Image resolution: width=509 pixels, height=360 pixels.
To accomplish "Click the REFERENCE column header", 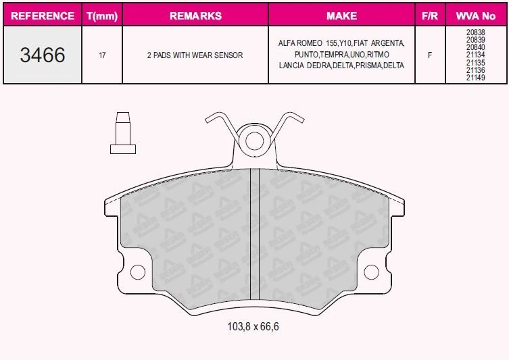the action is tap(43, 16).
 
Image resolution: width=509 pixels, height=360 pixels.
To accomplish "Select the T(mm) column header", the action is tap(102, 16).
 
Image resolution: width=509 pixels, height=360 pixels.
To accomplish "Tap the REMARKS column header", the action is tap(195, 16).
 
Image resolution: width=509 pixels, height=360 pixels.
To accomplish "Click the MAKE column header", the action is tap(341, 16).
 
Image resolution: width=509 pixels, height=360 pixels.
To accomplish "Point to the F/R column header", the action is tap(430, 16).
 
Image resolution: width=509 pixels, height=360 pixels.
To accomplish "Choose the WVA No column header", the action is tap(476, 16).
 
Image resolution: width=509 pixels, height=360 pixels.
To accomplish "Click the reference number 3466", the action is tap(43, 55).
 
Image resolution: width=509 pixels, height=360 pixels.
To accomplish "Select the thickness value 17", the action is tap(102, 55).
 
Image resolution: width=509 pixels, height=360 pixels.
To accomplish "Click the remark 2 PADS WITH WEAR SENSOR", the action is tap(195, 55).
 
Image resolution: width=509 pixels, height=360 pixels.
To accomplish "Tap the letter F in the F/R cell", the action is tap(430, 55).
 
